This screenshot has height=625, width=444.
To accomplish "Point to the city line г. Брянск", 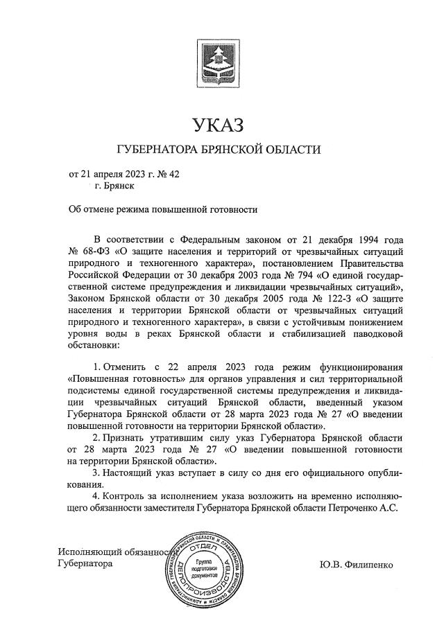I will click(x=114, y=186).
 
